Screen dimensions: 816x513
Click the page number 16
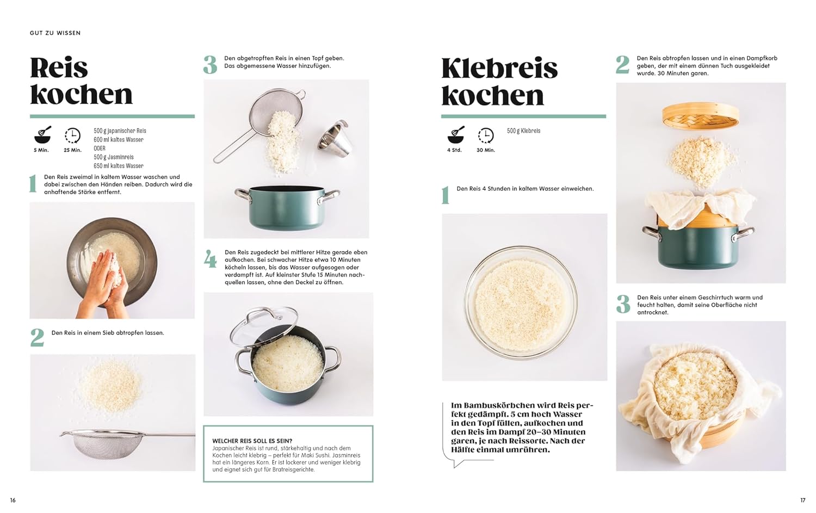pos(13,500)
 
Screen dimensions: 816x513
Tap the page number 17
pos(802,500)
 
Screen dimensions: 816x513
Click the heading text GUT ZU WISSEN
pos(55,33)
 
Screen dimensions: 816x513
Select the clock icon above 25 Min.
pos(72,135)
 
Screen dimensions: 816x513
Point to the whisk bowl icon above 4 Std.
pos(456,134)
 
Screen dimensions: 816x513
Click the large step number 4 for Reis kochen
pos(210,259)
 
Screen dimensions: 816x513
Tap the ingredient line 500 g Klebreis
pos(523,131)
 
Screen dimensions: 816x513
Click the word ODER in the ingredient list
pos(100,149)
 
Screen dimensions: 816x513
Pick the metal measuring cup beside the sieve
pos(333,139)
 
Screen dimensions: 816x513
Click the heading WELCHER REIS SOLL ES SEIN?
pos(252,441)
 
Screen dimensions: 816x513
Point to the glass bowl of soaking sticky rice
pos(521,303)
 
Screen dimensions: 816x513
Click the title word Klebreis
pos(499,68)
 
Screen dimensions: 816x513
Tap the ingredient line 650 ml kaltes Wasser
pos(119,166)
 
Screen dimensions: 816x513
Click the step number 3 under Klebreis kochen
pos(623,304)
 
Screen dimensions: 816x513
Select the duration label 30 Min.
pos(486,150)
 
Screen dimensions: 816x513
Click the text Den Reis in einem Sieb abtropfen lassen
pos(108,332)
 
